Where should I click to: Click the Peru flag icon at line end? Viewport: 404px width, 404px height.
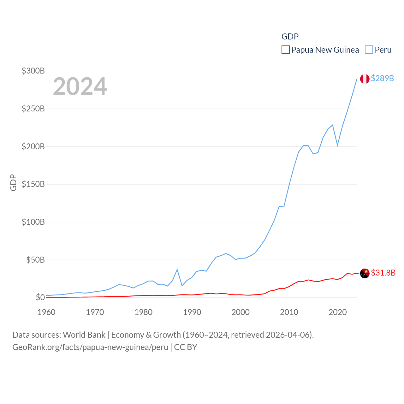(365, 79)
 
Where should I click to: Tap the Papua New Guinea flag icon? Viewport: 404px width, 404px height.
(365, 273)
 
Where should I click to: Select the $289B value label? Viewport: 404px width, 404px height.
(382, 78)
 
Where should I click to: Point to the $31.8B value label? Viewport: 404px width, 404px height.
(383, 273)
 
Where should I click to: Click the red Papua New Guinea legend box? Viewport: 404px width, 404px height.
(285, 50)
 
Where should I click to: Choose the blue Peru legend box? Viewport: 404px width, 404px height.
(369, 50)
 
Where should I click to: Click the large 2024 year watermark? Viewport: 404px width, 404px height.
(80, 86)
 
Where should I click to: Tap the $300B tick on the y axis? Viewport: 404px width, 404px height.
(33, 71)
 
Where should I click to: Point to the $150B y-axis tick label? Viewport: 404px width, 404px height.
(33, 184)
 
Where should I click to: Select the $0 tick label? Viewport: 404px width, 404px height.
(40, 297)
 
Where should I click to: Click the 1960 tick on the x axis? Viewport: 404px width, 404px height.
(46, 312)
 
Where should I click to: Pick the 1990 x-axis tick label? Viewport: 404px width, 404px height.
(192, 312)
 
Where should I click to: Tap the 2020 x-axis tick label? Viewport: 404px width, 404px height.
(337, 312)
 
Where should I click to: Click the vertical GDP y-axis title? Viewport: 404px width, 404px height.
(13, 182)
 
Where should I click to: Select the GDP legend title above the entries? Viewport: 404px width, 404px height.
(290, 37)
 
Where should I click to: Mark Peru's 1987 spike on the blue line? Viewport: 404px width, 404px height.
(177, 270)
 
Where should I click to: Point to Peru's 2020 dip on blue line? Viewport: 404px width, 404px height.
(337, 145)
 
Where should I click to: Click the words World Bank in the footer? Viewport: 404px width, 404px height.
(84, 335)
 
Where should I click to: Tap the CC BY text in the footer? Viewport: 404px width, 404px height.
(186, 347)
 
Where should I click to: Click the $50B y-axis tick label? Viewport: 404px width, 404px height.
(35, 260)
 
